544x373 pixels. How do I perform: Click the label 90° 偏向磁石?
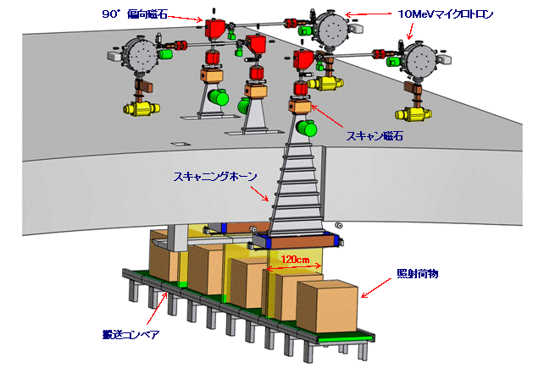tap(145, 14)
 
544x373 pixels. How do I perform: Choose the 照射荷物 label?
tap(414, 276)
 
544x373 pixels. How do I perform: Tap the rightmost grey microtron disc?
tap(421, 61)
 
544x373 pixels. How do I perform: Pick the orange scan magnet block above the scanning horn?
tap(301, 107)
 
